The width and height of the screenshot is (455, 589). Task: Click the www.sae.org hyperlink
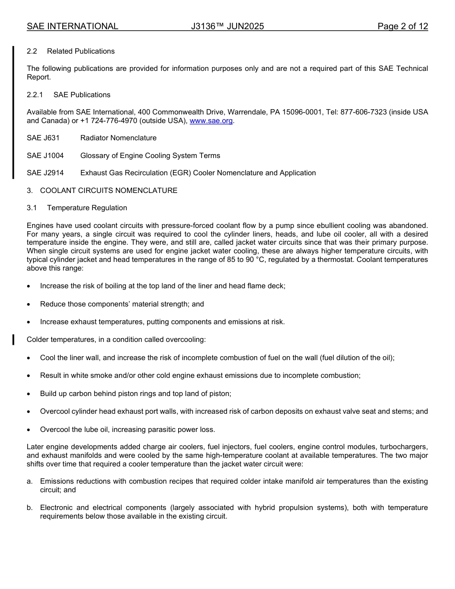pos(211,121)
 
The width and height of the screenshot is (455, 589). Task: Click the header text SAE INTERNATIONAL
pos(72,26)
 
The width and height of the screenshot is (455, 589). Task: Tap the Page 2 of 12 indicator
pos(402,26)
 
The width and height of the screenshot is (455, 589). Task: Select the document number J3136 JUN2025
pos(227,26)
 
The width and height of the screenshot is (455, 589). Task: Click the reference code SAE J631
pos(43,138)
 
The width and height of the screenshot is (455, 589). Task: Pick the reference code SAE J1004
pos(45,156)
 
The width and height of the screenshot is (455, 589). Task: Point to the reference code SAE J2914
pos(45,173)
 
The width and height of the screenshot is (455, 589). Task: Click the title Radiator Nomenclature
pos(118,138)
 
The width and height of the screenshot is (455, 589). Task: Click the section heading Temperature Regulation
pos(87,208)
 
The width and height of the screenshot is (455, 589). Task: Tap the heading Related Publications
pos(80,51)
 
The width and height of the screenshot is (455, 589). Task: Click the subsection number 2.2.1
pos(35,95)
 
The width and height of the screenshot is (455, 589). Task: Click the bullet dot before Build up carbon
pos(29,394)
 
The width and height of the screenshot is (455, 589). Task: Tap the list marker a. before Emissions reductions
pos(30,481)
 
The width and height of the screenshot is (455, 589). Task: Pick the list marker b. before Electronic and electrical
pos(30,508)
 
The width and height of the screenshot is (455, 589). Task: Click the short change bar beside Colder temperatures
pos(13,340)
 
